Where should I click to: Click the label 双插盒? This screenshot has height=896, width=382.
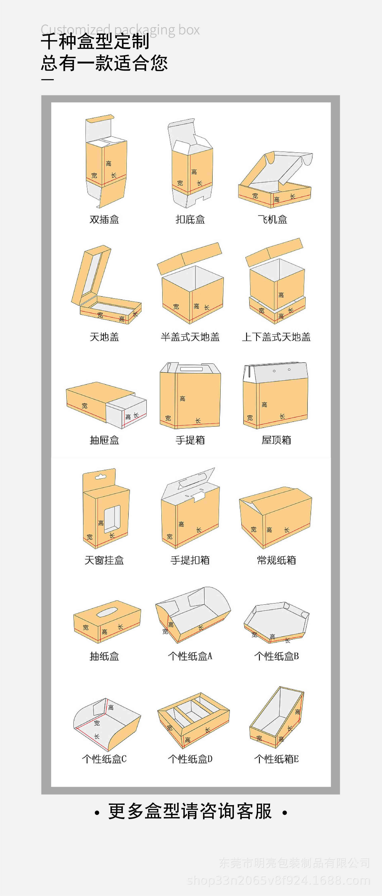click(x=104, y=220)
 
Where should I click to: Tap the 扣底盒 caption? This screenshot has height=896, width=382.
click(x=190, y=220)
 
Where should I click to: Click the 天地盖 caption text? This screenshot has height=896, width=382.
click(x=104, y=337)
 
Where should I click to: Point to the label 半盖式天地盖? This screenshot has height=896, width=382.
click(x=190, y=337)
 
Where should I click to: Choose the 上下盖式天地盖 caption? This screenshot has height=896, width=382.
click(x=276, y=337)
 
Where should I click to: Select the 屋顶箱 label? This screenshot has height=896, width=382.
click(x=276, y=440)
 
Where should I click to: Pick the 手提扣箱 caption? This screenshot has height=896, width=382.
click(x=190, y=560)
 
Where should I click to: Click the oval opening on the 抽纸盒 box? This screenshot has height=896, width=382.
click(x=107, y=612)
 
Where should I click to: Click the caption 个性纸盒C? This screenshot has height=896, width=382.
click(x=104, y=759)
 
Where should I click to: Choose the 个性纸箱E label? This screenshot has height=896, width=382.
click(x=276, y=759)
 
